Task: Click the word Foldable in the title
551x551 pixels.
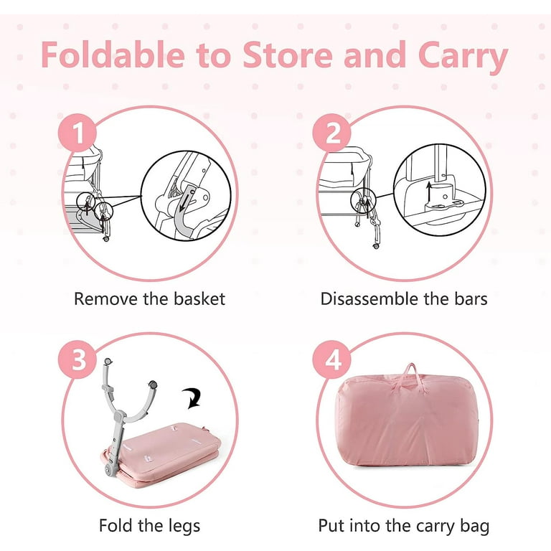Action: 113,55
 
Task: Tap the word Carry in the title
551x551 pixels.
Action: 463,57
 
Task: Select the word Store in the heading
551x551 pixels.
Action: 288,55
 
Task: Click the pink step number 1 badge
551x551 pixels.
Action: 77,133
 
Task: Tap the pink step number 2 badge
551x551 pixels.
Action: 331,133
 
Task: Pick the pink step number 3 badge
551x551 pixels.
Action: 77,359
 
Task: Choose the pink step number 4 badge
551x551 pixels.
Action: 331,359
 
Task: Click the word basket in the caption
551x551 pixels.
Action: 199,298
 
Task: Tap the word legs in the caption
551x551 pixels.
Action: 184,526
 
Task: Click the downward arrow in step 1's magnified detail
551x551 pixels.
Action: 186,200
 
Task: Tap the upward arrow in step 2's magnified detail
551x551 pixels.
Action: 429,192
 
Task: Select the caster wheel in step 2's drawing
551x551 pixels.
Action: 376,245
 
